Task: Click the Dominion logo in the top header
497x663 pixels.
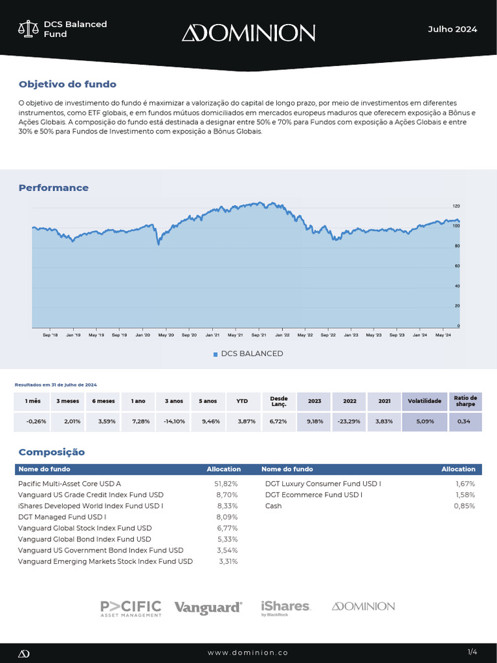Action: [x=248, y=32]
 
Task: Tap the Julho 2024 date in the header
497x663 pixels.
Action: [x=452, y=29]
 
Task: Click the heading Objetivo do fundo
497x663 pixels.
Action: [x=67, y=84]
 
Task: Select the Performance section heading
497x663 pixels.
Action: [x=54, y=188]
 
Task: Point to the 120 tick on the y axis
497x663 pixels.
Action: [x=456, y=206]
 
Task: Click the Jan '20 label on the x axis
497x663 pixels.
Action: [x=142, y=335]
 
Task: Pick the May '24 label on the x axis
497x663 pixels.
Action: [x=443, y=335]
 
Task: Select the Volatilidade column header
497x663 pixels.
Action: [x=424, y=401]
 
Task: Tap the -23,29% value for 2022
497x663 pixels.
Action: [x=349, y=421]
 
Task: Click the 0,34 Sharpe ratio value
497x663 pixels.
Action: [x=464, y=421]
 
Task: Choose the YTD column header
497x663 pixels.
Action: [x=243, y=401]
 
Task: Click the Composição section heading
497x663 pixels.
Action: [x=52, y=452]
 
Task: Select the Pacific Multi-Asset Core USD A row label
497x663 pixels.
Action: [x=69, y=484]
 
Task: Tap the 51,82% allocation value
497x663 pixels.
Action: [x=226, y=484]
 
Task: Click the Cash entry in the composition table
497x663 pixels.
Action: [x=273, y=506]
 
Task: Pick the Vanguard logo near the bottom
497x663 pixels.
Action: [x=208, y=607]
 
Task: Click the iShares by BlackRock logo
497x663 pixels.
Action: [x=285, y=607]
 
